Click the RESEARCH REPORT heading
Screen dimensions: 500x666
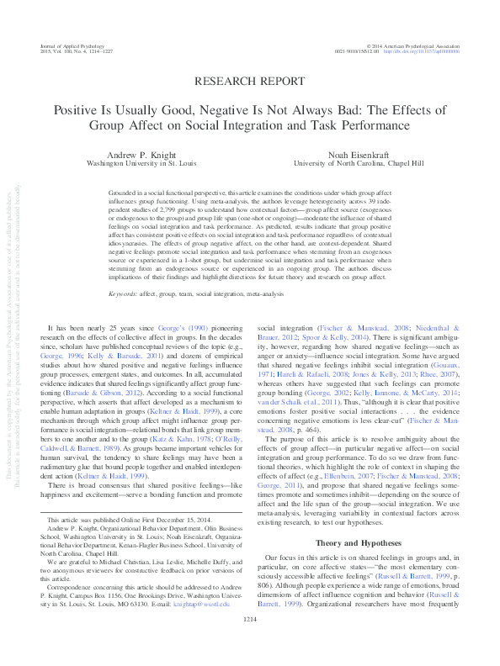pos(250,81)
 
